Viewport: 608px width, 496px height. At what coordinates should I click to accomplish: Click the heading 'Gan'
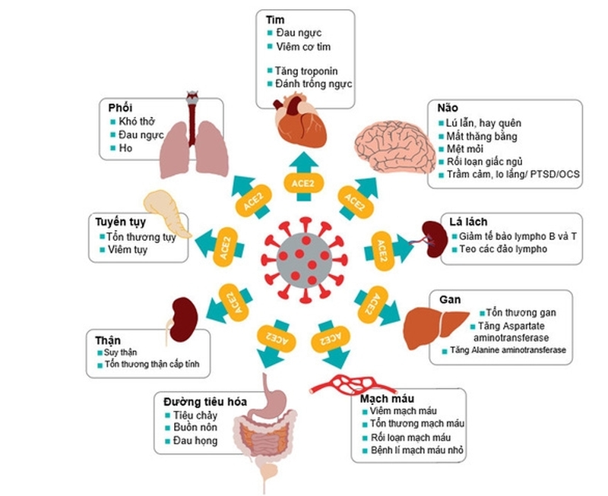[x=448, y=299]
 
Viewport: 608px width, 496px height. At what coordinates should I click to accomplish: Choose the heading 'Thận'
[x=109, y=340]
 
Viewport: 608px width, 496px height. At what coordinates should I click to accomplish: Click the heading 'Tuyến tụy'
[x=120, y=223]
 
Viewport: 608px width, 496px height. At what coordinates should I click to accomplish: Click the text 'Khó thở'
[x=135, y=122]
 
